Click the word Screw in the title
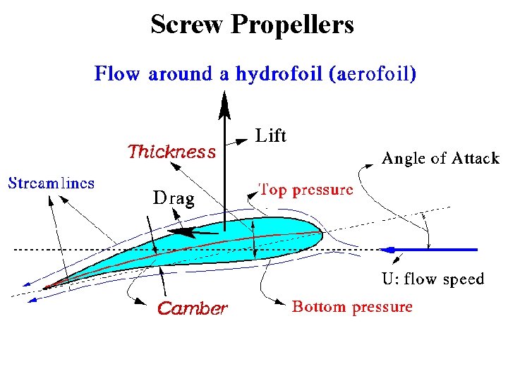(187, 25)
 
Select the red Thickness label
(171, 152)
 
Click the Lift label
(270, 136)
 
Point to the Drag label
(174, 198)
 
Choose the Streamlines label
(51, 183)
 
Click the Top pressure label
(306, 189)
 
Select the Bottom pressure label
(352, 307)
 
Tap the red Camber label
(192, 308)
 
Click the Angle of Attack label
(440, 159)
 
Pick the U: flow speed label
(433, 279)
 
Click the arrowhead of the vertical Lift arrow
(224, 107)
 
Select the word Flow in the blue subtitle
(117, 74)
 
